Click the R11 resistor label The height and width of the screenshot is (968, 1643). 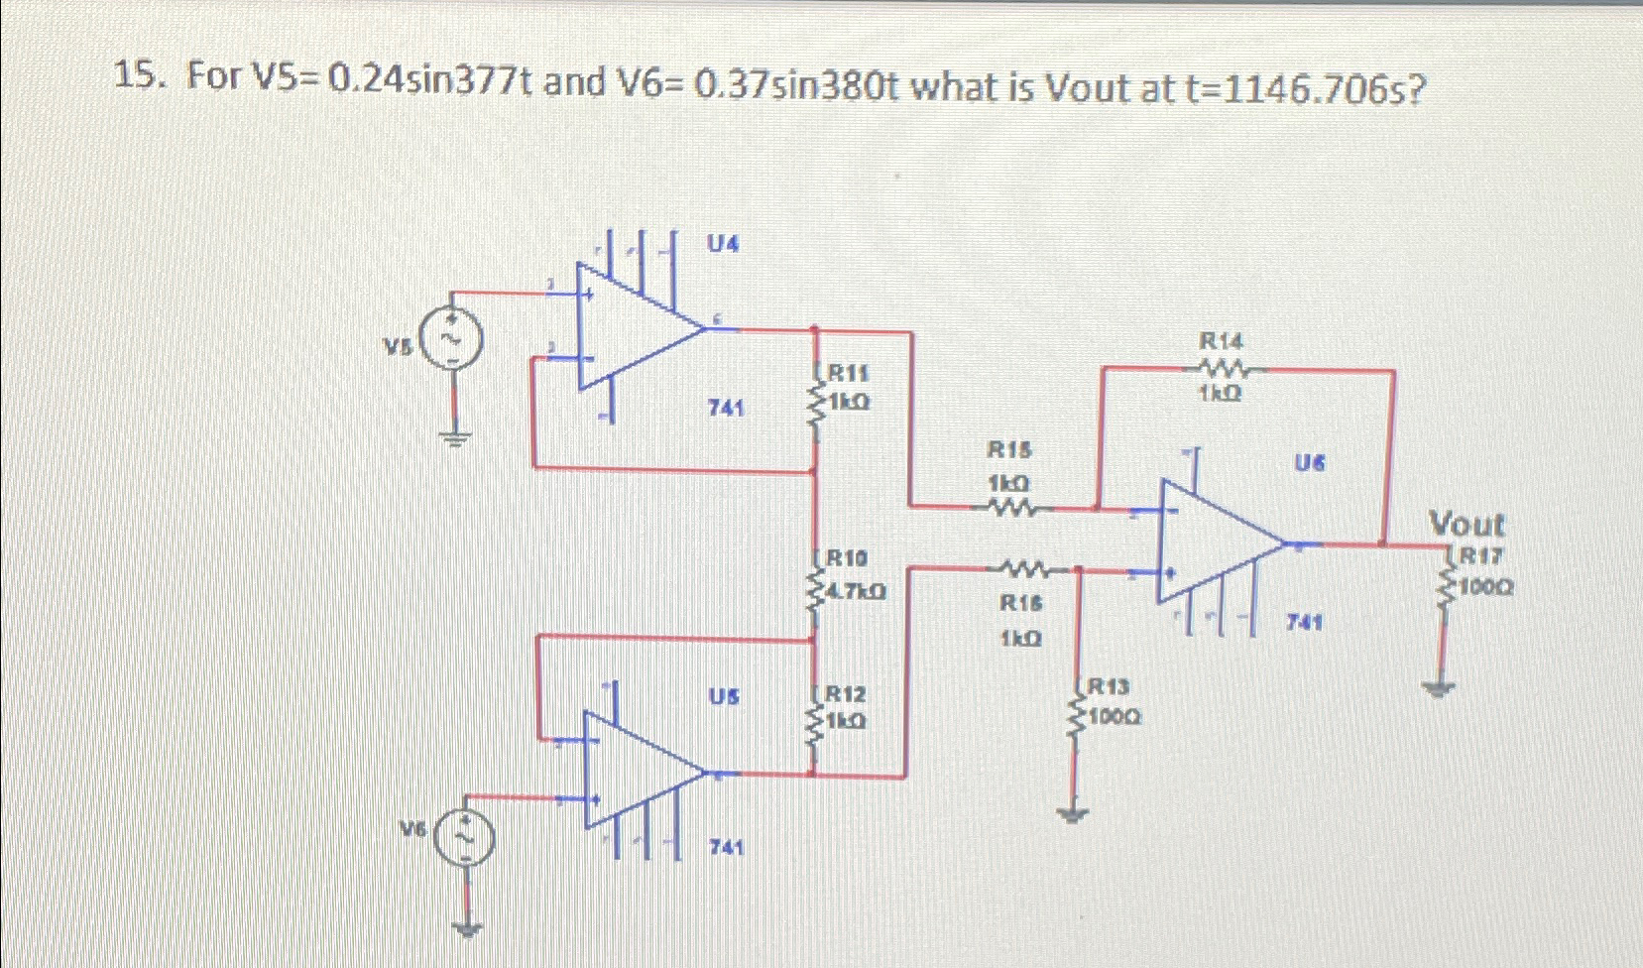click(848, 374)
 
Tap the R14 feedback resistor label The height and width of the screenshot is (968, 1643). click(1221, 340)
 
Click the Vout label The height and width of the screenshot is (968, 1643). click(1466, 524)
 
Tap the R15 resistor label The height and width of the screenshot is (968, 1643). click(1009, 449)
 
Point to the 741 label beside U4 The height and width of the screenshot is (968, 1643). click(727, 408)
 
